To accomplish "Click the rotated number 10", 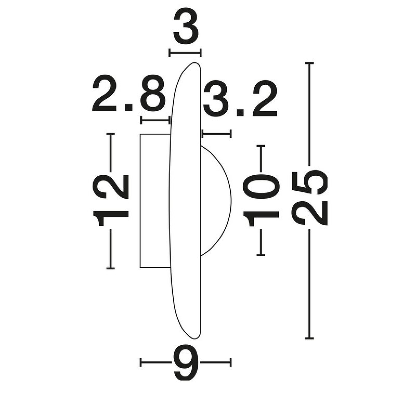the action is click(261, 200).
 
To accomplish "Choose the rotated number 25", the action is click(309, 198).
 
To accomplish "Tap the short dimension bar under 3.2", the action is click(216, 134).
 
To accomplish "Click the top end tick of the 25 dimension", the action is click(309, 63).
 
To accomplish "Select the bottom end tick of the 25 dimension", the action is click(309, 338).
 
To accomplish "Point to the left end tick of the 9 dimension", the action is click(141, 362).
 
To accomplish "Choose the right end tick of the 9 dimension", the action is click(231, 362).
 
